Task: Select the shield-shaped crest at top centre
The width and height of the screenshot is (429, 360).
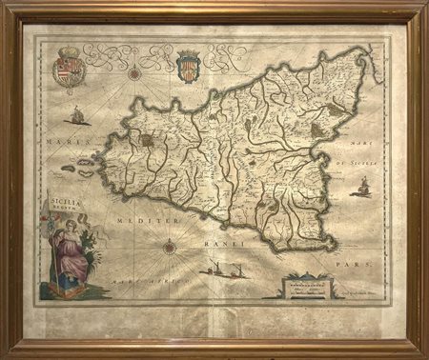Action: coord(187,71)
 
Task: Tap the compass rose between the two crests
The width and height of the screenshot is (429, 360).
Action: coord(135,72)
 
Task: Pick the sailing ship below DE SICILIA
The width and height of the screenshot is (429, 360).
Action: coord(360,187)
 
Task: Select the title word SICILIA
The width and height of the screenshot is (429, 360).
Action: coord(63,202)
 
